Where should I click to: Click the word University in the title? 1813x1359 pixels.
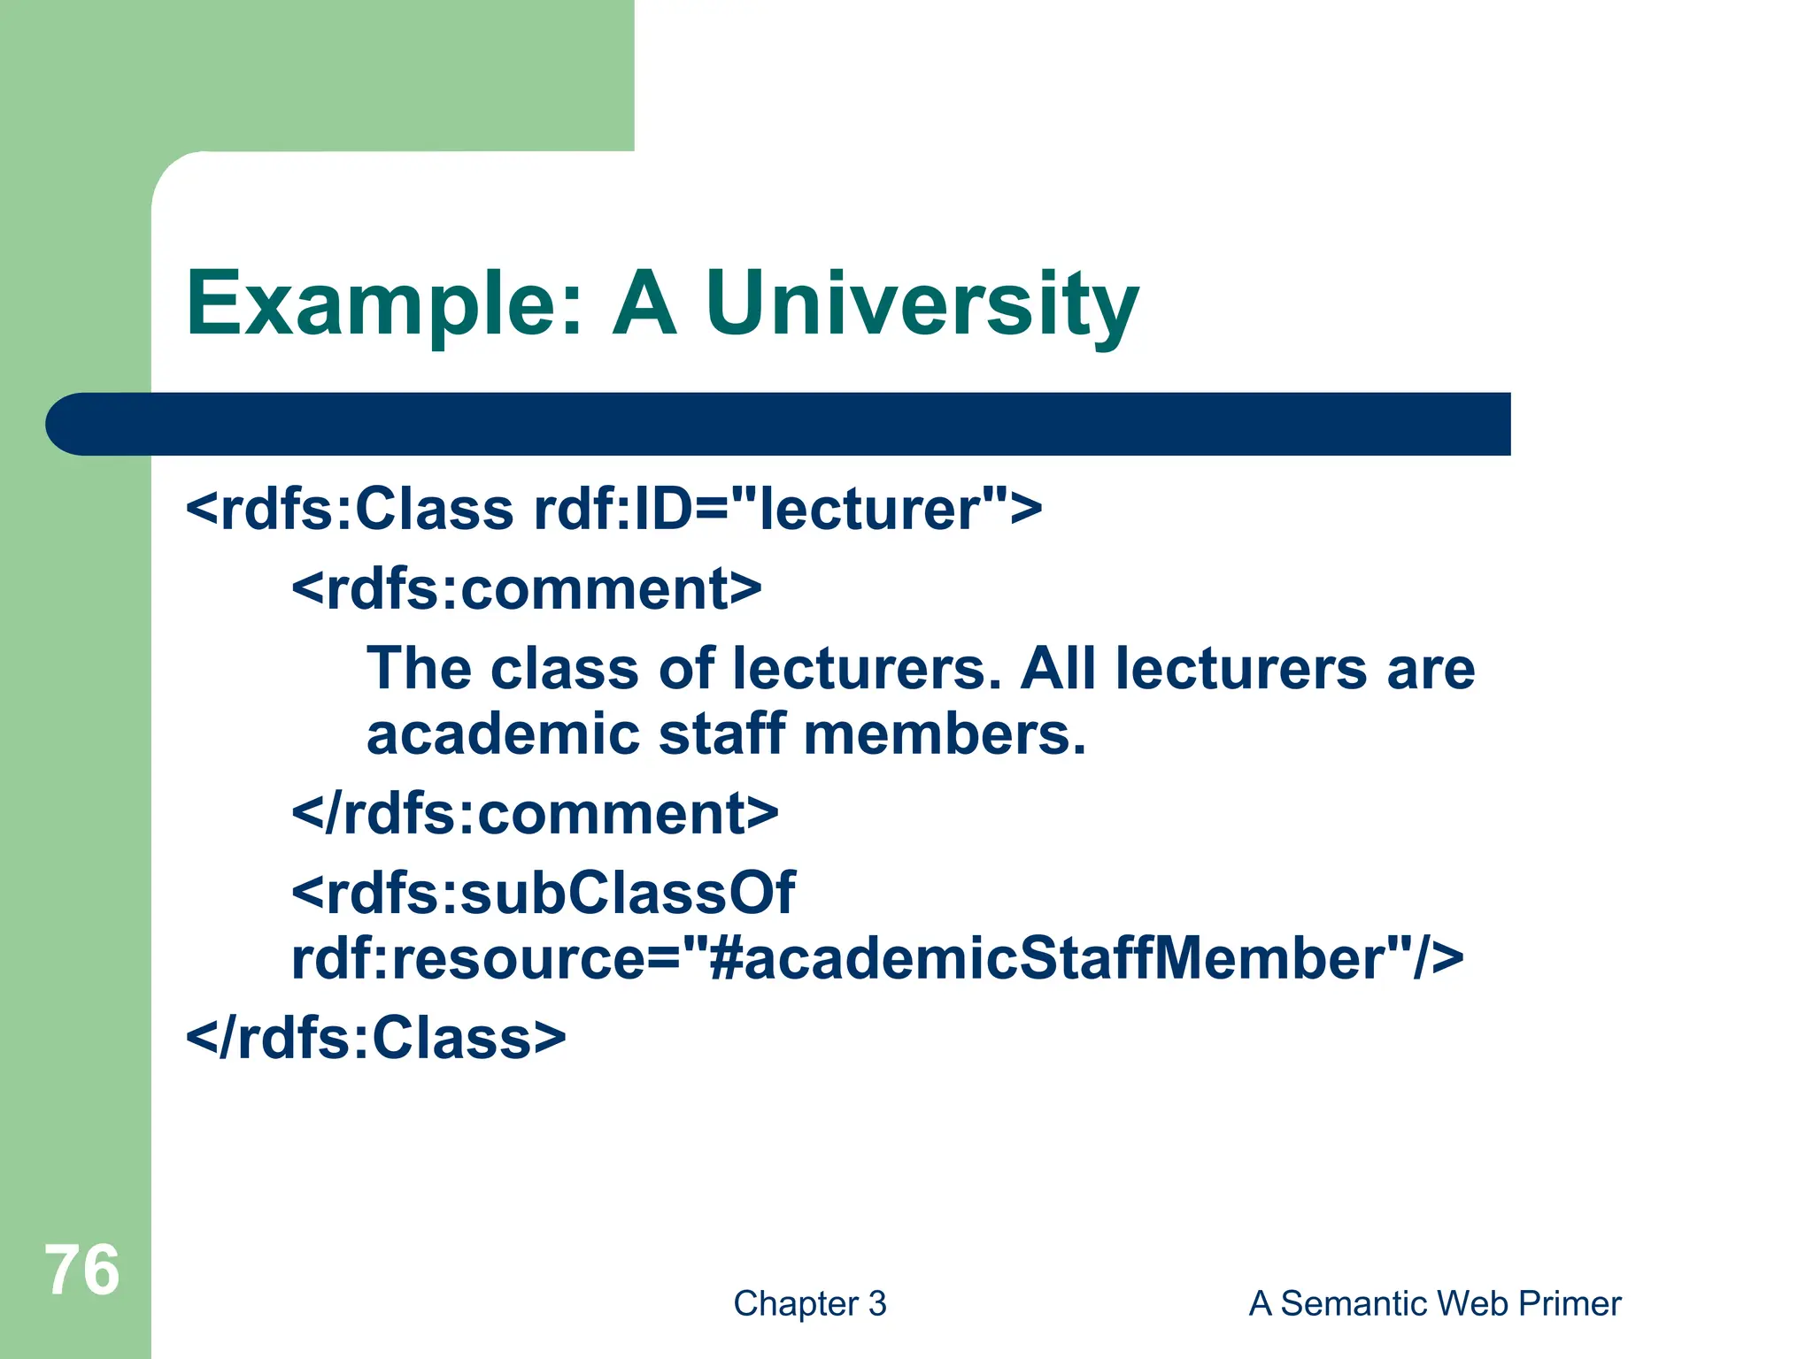coord(921,305)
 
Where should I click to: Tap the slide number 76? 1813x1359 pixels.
coord(81,1271)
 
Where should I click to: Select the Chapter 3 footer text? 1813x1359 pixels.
coord(809,1303)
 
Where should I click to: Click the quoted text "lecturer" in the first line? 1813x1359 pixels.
coord(870,510)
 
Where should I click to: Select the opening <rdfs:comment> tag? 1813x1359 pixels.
coord(526,589)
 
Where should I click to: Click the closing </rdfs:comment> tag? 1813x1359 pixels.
coord(535,814)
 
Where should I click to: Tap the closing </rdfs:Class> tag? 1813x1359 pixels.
coord(375,1038)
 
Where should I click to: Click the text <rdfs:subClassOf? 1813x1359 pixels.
coord(543,892)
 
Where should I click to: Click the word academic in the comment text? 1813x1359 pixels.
coord(503,734)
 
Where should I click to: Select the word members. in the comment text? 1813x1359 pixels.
coord(944,734)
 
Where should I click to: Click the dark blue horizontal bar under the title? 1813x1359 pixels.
coord(779,424)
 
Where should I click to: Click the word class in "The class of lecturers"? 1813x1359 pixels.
coord(564,668)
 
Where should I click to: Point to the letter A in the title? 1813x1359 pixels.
coord(644,305)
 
